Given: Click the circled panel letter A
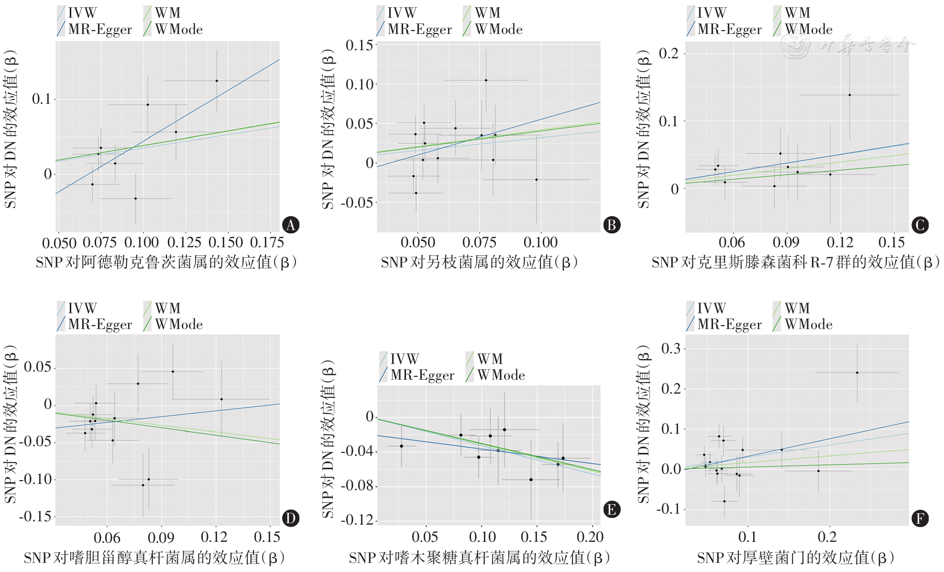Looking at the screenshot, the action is click(290, 225).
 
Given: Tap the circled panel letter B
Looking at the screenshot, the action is click(611, 225).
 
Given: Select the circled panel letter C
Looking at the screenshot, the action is click(920, 225).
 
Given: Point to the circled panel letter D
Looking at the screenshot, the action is click(290, 518).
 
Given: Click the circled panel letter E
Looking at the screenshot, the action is click(611, 510).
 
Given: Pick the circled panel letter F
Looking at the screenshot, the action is click(920, 518).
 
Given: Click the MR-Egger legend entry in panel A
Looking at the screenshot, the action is click(94, 30).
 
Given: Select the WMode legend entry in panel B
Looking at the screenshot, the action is click(493, 30).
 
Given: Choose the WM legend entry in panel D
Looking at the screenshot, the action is click(162, 308).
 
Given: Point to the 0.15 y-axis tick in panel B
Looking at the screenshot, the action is click(359, 45).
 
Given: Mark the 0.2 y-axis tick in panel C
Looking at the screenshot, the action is click(669, 53).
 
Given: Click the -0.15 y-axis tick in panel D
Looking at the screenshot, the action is click(35, 517).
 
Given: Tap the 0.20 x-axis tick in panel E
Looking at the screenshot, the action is click(590, 537).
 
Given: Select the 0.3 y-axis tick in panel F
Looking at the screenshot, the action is click(670, 348).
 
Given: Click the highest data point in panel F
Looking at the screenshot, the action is click(857, 373).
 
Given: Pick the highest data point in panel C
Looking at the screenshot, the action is click(849, 95).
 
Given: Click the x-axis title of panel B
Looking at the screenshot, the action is click(479, 262).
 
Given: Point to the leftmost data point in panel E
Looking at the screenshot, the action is click(401, 446).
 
